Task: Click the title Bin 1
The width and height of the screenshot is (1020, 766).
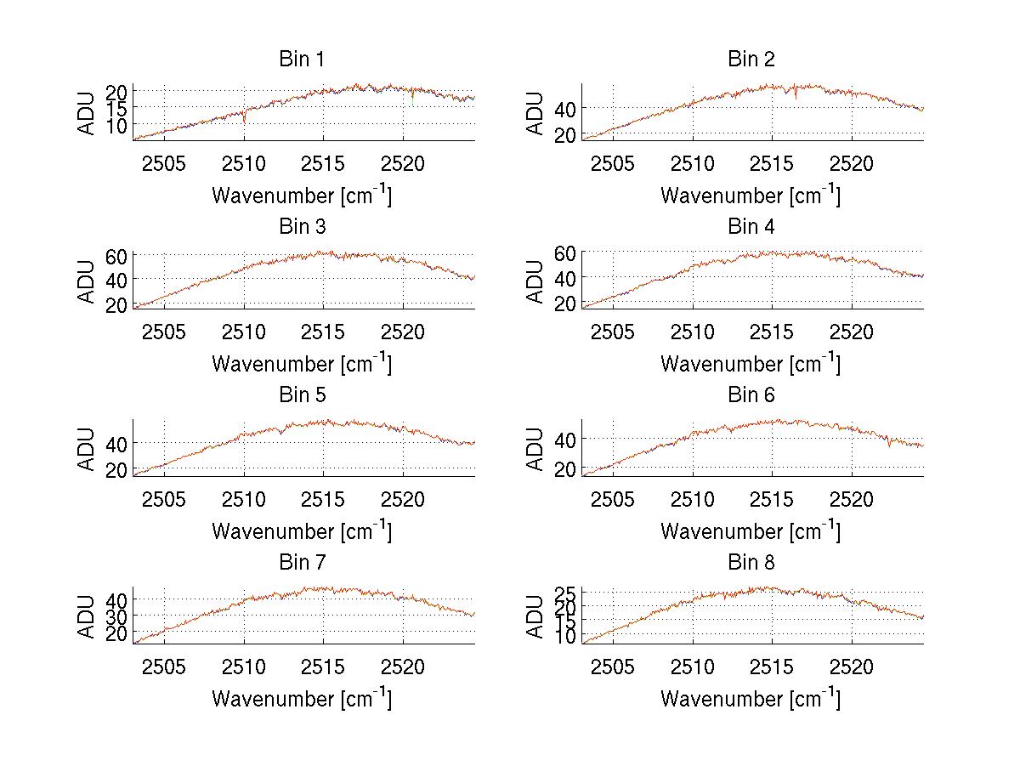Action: click(302, 60)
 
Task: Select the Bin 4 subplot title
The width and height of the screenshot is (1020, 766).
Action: click(751, 227)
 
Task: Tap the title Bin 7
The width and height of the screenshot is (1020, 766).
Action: click(302, 563)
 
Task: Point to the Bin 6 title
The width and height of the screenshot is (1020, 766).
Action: click(751, 395)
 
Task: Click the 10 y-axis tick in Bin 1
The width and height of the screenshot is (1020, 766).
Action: click(117, 124)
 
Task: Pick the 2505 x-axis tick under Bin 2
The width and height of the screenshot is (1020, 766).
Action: click(613, 164)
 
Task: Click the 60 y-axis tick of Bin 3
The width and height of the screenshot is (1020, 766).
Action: click(117, 255)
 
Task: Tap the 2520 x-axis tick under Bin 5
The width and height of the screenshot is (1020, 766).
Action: click(403, 500)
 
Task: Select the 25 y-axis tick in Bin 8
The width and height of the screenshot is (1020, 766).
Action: click(566, 593)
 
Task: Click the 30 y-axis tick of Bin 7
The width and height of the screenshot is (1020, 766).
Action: click(117, 616)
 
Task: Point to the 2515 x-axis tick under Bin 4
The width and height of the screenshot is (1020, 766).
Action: click(772, 332)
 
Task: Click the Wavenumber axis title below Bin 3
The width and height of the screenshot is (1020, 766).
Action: click(302, 363)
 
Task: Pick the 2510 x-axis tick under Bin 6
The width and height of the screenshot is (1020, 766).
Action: click(693, 500)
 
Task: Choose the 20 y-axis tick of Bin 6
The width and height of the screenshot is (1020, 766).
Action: click(566, 468)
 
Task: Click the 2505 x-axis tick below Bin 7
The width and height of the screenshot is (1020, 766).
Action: click(164, 667)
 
